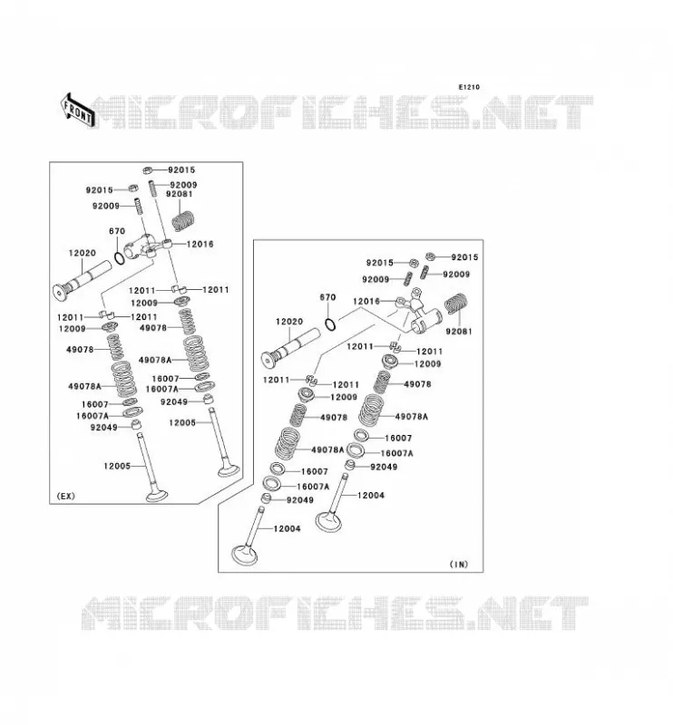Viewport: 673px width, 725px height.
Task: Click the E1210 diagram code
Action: pyautogui.click(x=469, y=87)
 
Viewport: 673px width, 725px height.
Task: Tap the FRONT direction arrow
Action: pyautogui.click(x=78, y=111)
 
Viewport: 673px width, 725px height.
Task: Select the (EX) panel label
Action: pyautogui.click(x=65, y=496)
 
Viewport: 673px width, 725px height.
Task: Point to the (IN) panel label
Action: pyautogui.click(x=459, y=564)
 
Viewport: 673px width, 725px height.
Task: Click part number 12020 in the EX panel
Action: pyautogui.click(x=83, y=253)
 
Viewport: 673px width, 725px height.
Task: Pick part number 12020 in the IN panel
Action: pyautogui.click(x=289, y=322)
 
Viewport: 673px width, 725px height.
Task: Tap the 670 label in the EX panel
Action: pyautogui.click(x=117, y=231)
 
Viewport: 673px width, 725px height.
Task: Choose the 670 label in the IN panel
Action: pyautogui.click(x=327, y=297)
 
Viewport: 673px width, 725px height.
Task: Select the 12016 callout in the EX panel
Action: pyautogui.click(x=200, y=244)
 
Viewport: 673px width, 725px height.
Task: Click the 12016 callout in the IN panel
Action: pyautogui.click(x=366, y=301)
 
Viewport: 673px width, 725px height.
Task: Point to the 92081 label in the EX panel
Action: pyautogui.click(x=179, y=194)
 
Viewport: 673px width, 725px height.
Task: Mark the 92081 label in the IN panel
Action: pyautogui.click(x=459, y=332)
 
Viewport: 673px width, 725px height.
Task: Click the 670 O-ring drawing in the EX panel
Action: pyautogui.click(x=119, y=258)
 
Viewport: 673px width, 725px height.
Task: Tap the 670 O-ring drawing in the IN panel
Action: pyautogui.click(x=330, y=324)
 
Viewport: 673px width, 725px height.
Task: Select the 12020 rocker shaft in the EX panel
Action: pyautogui.click(x=83, y=280)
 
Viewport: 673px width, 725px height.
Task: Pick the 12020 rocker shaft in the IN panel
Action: pyautogui.click(x=290, y=348)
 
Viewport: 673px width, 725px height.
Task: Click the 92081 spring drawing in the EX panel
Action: pyautogui.click(x=183, y=221)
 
